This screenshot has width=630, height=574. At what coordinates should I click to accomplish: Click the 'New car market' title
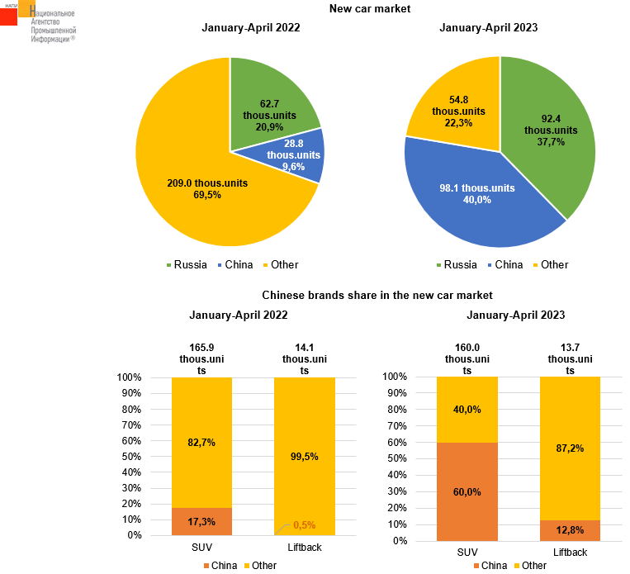click(x=370, y=9)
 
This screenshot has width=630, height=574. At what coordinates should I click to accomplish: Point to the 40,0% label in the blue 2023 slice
click(x=477, y=199)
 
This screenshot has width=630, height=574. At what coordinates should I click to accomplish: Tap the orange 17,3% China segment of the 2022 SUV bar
click(x=201, y=522)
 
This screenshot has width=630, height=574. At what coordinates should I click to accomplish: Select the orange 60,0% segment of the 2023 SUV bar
click(x=467, y=491)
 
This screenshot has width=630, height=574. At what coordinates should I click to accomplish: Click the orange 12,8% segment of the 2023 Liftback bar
click(x=570, y=530)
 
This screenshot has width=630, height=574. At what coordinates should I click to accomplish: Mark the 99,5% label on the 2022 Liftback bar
click(x=304, y=456)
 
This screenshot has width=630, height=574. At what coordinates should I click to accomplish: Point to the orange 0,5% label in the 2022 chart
click(x=305, y=525)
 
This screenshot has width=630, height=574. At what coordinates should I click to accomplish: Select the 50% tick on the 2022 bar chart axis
click(x=132, y=457)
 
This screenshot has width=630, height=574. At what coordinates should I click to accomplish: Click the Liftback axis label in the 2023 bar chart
click(x=570, y=552)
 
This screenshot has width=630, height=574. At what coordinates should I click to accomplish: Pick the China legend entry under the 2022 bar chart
click(x=218, y=566)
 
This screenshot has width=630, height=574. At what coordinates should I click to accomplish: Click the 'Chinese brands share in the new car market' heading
click(x=377, y=295)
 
